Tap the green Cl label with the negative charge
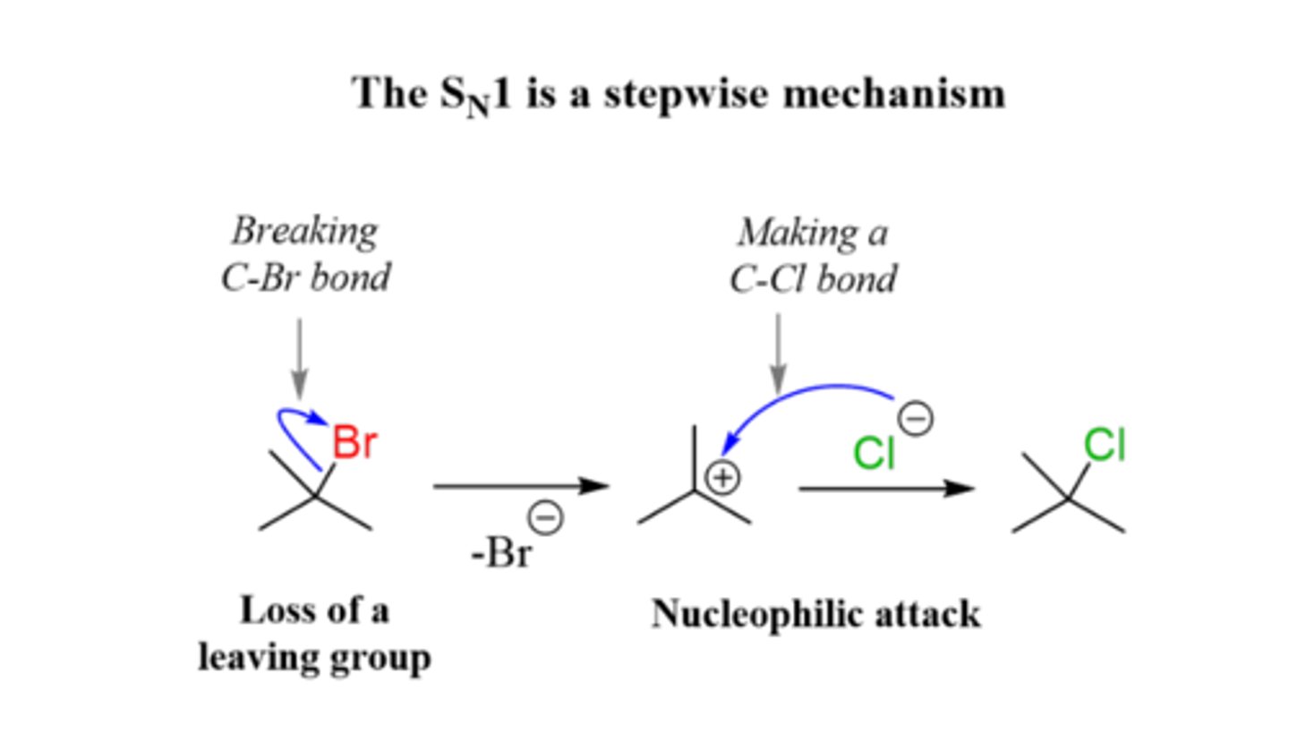point(874,453)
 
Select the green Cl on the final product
point(1104,445)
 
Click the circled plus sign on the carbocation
point(723,478)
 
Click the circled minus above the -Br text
point(547,517)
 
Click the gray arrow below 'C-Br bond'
point(299,358)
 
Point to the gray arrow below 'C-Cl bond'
point(778,354)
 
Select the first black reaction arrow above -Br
point(521,486)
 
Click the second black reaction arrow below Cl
point(886,489)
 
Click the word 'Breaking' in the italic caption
point(305,233)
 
